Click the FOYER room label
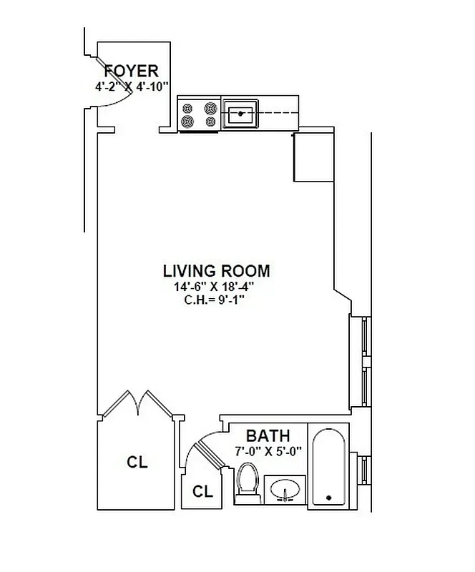(131, 71)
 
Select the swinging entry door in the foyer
(109, 83)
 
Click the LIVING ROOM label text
(216, 271)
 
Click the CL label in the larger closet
(137, 463)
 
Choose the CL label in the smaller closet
(203, 492)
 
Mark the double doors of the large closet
(135, 404)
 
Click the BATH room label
(268, 436)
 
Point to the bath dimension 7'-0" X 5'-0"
(269, 451)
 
